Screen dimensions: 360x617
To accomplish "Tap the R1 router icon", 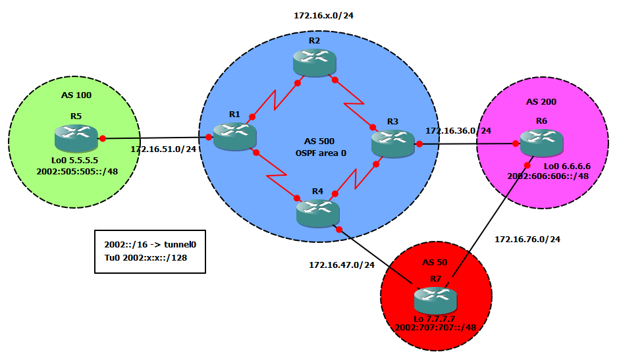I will point(234,136).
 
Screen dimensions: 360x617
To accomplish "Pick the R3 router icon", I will point(392,143).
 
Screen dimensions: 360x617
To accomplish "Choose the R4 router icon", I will point(317,211).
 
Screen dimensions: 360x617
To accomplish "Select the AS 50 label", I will point(436,263).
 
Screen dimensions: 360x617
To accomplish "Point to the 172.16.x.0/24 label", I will point(319,14).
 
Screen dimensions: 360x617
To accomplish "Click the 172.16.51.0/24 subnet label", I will point(162,149).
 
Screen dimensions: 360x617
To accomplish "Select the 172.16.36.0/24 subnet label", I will point(458,131).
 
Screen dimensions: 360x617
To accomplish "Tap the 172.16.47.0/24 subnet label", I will point(342,265).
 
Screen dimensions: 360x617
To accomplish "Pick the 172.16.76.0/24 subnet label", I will point(527,239).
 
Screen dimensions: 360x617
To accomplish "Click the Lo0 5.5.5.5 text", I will point(75,160).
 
